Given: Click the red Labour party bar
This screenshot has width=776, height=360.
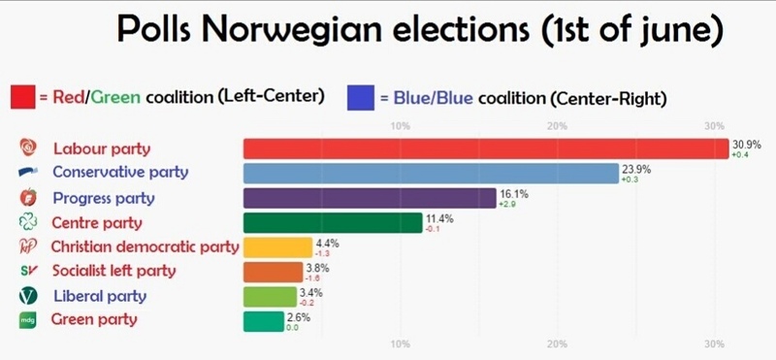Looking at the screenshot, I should tap(485, 148).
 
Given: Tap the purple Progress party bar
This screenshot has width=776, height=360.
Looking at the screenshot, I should tap(369, 198).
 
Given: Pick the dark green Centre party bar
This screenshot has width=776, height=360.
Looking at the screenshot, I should tap(332, 222).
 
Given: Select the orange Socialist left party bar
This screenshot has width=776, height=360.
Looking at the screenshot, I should tap(275, 272).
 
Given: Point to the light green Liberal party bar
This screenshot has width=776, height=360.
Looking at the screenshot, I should tap(274, 296).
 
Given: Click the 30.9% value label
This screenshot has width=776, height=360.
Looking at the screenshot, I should tap(746, 144).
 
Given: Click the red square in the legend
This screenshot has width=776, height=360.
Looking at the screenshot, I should tap(23, 97).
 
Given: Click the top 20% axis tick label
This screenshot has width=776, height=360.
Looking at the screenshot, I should tap(557, 126).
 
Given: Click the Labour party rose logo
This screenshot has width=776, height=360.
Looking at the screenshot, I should tap(28, 148).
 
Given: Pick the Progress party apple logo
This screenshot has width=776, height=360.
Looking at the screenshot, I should tap(27, 198).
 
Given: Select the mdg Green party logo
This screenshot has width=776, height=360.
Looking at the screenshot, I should tap(27, 320).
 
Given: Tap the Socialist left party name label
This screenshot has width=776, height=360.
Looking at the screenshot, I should tap(113, 272).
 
